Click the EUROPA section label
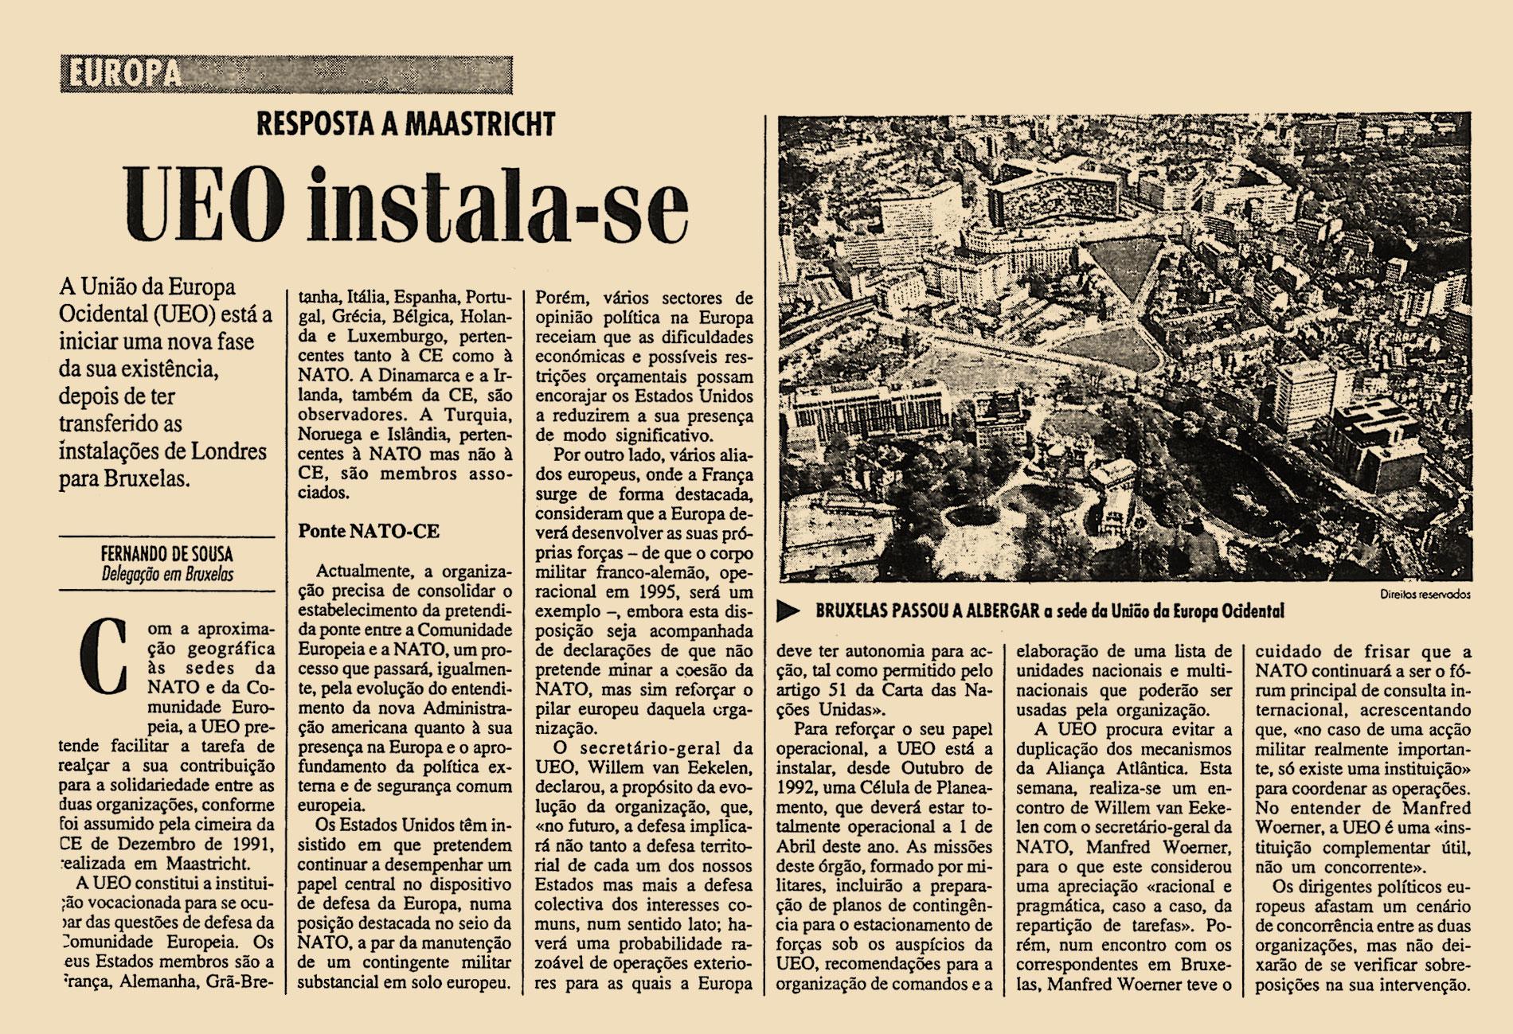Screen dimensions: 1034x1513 pyautogui.click(x=124, y=74)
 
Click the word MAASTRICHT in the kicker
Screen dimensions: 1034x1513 pyautogui.click(x=480, y=124)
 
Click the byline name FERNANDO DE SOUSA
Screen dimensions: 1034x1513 pyautogui.click(x=166, y=554)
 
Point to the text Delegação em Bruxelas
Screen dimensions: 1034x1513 pyautogui.click(x=167, y=574)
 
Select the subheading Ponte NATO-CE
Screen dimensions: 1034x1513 pyautogui.click(x=369, y=531)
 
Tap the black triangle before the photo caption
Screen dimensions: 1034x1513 pyautogui.click(x=788, y=611)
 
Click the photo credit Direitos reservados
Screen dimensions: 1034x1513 pyautogui.click(x=1425, y=594)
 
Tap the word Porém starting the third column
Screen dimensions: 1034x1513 pyautogui.click(x=563, y=298)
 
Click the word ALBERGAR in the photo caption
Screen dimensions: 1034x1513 pyautogui.click(x=1003, y=611)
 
